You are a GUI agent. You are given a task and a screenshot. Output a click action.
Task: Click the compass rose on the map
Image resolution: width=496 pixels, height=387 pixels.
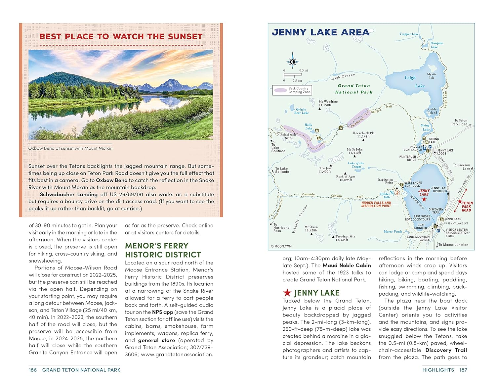point(292,62)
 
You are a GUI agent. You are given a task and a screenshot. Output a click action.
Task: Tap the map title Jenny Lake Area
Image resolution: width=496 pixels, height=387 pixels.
point(320,32)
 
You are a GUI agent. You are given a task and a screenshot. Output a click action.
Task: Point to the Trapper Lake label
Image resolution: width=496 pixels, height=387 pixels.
point(409,34)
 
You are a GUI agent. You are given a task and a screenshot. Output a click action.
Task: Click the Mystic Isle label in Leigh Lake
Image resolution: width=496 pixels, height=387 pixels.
point(432,76)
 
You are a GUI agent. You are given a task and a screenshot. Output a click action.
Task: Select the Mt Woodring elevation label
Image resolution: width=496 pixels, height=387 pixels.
point(328,103)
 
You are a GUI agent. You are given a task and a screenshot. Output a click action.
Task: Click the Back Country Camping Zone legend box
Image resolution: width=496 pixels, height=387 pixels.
point(292,90)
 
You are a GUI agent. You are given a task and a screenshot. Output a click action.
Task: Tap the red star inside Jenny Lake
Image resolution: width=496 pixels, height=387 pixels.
point(424,199)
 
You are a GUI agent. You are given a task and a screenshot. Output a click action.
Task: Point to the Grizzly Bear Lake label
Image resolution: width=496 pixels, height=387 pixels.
point(301,111)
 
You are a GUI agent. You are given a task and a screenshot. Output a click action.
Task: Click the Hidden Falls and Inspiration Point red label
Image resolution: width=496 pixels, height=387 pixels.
point(376,204)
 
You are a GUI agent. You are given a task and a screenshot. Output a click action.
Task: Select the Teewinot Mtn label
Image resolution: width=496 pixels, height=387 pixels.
point(345,238)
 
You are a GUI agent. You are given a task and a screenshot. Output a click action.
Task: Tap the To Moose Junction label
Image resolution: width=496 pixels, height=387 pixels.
point(453,245)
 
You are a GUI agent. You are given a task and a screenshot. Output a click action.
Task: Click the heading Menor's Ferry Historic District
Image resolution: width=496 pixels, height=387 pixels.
point(163,250)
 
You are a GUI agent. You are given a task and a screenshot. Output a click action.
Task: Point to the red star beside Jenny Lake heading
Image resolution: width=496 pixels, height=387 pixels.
point(287,293)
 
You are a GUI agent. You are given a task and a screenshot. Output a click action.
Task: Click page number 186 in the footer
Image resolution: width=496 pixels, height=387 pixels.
point(33,370)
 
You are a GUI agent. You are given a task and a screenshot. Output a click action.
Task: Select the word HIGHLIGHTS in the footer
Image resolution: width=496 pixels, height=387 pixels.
point(438,370)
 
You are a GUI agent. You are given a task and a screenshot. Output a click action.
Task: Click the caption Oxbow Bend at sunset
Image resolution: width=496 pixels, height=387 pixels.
point(70,148)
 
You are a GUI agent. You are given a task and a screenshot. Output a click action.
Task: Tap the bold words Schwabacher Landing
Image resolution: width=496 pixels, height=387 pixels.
point(69,194)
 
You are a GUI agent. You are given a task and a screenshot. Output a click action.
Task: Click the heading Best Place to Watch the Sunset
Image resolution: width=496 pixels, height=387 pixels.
point(121,36)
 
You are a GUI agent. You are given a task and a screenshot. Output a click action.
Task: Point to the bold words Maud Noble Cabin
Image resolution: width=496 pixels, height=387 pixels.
point(347,266)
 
